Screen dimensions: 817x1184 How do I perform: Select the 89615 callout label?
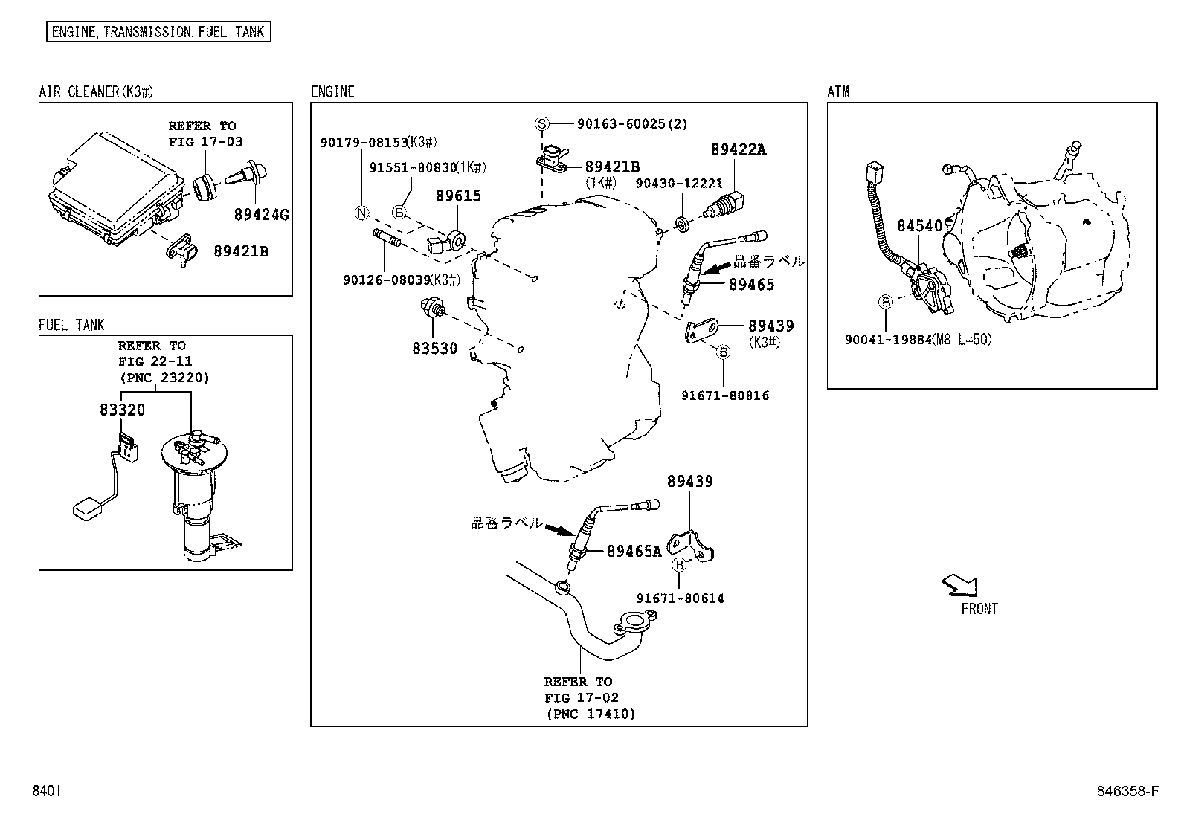pos(458,196)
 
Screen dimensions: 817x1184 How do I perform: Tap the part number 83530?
pos(435,348)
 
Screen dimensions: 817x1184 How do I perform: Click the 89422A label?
pos(738,149)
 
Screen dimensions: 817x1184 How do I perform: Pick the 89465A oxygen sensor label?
pos(634,551)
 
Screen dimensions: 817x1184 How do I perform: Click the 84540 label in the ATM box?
pos(919,226)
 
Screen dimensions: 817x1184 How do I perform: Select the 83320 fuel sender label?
pos(122,410)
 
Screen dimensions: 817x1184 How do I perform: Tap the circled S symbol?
pos(542,124)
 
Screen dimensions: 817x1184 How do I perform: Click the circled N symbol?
pos(361,213)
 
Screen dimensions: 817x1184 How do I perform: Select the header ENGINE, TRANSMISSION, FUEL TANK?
pos(158,32)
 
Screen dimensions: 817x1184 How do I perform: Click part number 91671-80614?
pos(680,598)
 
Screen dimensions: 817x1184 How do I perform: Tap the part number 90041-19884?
pos(888,339)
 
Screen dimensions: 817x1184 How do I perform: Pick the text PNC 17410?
pos(591,714)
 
